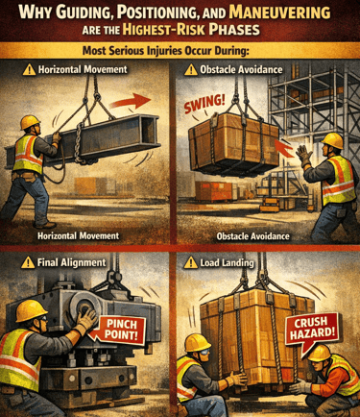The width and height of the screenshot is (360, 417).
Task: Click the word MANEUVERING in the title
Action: pyautogui.click(x=280, y=13)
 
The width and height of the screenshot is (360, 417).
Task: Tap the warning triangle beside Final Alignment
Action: pyautogui.click(x=28, y=262)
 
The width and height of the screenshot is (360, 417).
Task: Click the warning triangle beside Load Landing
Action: pyautogui.click(x=191, y=262)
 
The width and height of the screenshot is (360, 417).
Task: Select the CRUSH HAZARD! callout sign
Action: pyautogui.click(x=311, y=329)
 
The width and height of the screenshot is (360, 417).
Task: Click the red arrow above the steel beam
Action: pyautogui.click(x=131, y=101)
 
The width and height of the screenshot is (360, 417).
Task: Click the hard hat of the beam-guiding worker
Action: pyautogui.click(x=30, y=122)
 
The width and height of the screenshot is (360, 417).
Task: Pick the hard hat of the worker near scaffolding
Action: pyautogui.click(x=332, y=140)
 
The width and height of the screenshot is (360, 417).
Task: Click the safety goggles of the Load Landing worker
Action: pyautogui.click(x=204, y=353)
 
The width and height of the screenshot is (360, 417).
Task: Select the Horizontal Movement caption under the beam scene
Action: pyautogui.click(x=79, y=236)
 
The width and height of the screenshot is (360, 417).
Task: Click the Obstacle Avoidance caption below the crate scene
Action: pyautogui.click(x=252, y=236)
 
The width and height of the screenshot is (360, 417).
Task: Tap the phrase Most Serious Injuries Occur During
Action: pyautogui.click(x=165, y=51)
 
